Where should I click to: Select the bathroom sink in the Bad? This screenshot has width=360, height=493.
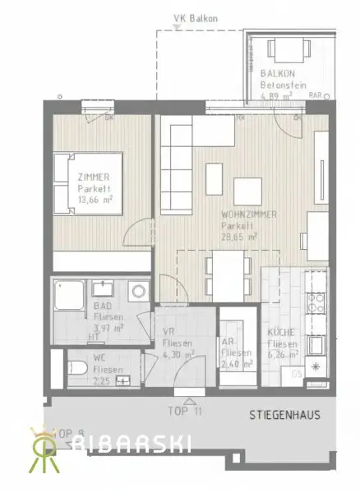(x=104, y=288)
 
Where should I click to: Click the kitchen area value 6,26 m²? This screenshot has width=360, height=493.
(x=283, y=355)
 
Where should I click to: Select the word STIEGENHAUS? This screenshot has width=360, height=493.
(x=284, y=416)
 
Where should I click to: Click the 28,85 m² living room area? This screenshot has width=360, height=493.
(x=240, y=235)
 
